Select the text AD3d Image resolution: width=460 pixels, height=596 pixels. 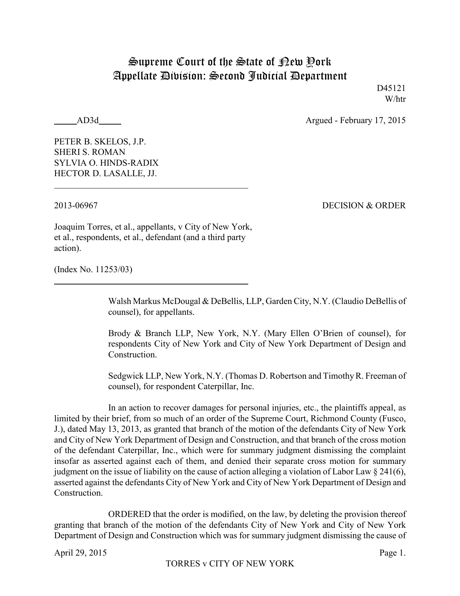(88, 121)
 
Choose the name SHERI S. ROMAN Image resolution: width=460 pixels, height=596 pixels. (89, 152)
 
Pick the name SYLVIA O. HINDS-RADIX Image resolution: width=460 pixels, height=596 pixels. (106, 163)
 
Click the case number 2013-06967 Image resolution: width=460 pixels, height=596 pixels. (76, 206)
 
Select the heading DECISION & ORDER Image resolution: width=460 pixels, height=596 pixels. (364, 206)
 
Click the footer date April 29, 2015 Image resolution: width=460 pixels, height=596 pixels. (80, 553)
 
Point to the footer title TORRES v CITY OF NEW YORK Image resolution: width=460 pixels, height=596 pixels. (230, 564)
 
